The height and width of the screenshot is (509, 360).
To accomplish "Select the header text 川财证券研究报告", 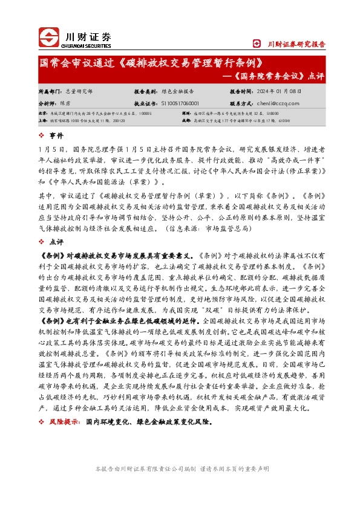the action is (x=296, y=44).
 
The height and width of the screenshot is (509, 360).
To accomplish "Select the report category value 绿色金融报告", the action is (x=178, y=92).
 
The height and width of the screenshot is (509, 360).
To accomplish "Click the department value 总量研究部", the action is (x=79, y=92).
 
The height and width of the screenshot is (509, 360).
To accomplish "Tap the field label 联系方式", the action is (x=241, y=103).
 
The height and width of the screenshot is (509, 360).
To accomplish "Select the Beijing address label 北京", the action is (x=42, y=113).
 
